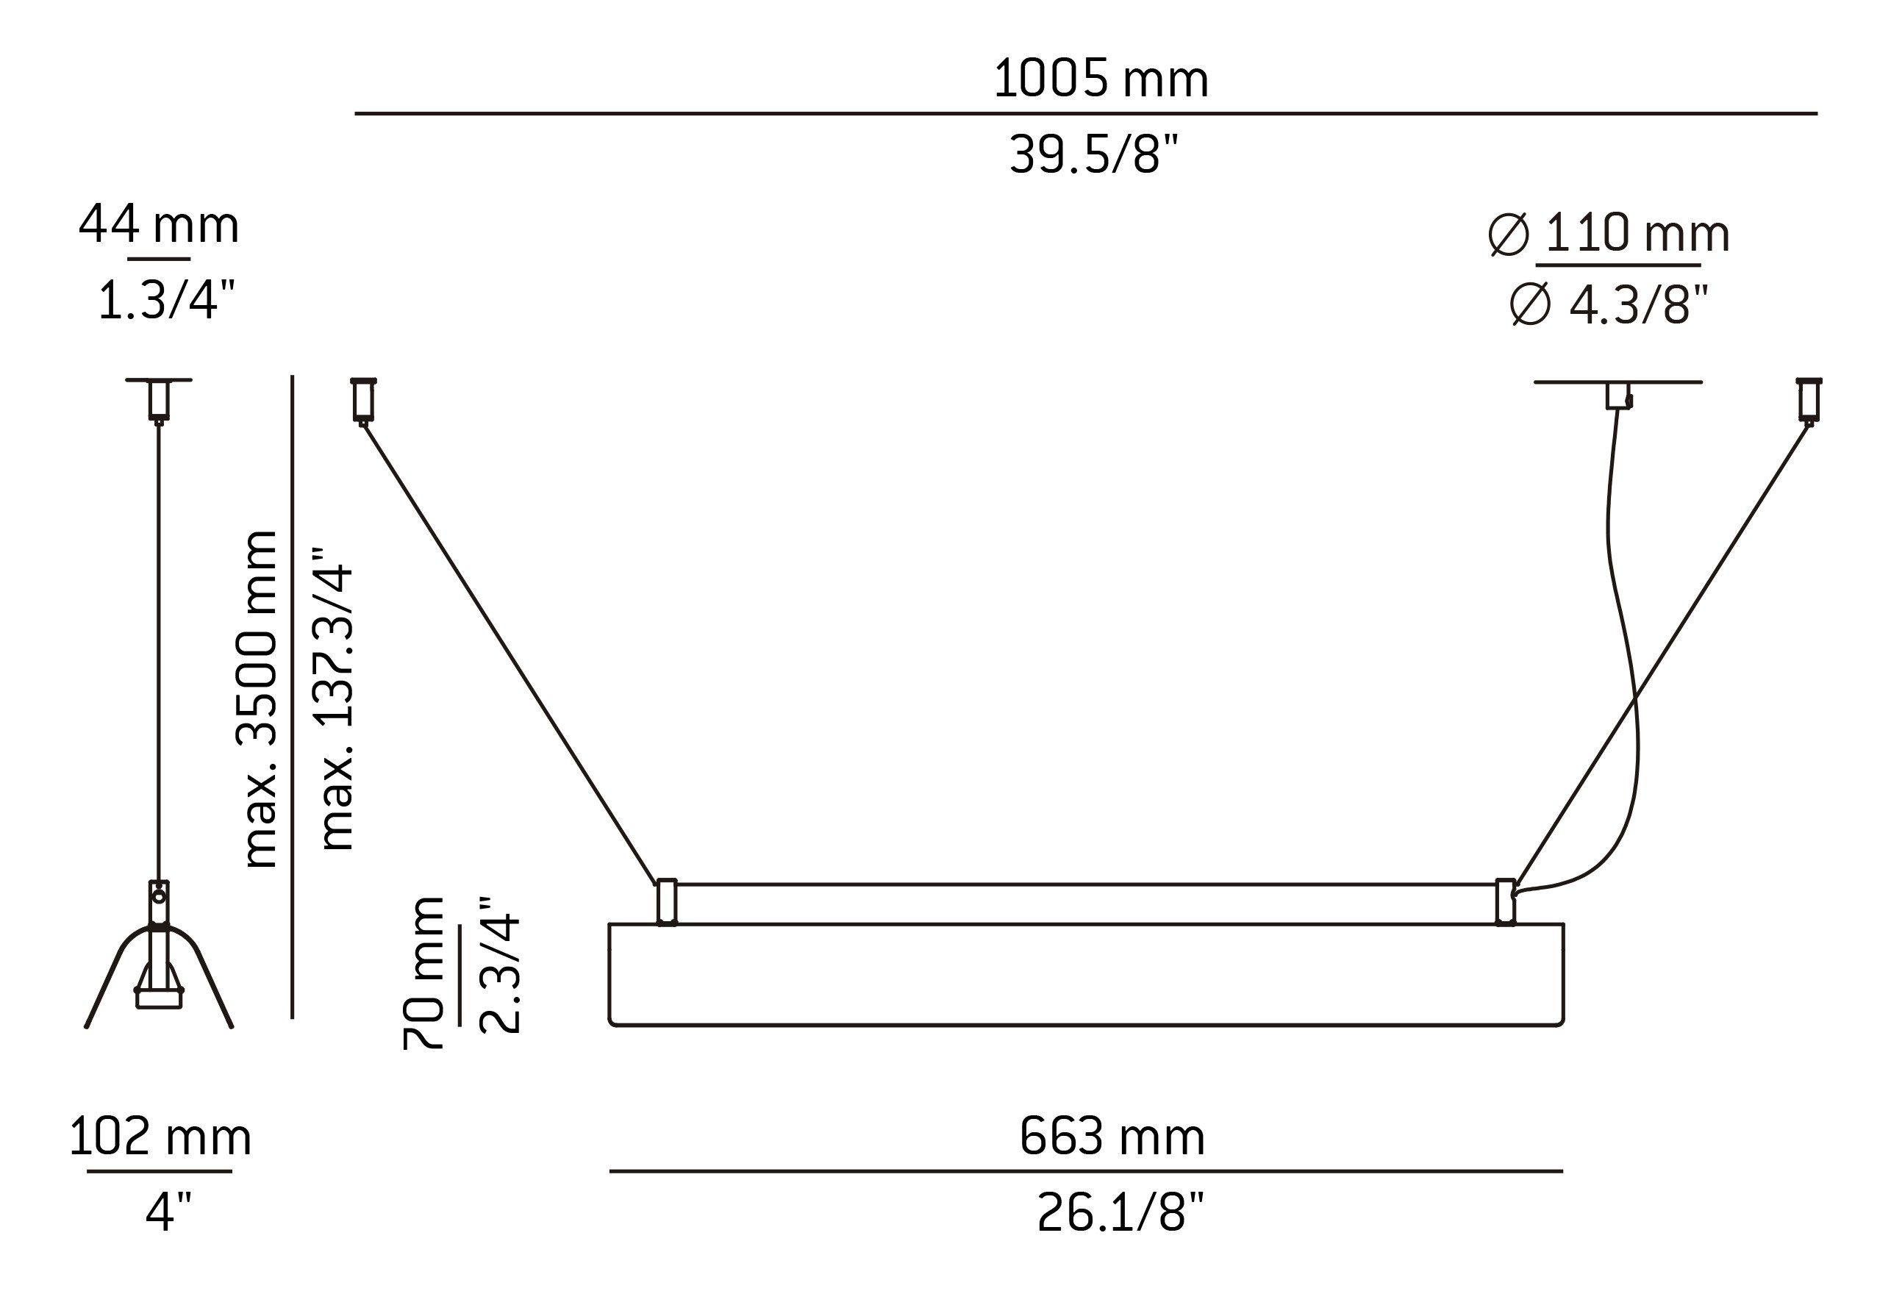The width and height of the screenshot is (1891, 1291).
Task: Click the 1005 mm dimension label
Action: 1101,79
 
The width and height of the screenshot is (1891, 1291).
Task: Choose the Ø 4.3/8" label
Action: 1609,305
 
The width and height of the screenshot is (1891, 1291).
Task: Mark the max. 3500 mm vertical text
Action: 260,700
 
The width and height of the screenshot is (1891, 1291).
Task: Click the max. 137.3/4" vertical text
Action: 337,698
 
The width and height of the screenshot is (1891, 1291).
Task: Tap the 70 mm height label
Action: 423,973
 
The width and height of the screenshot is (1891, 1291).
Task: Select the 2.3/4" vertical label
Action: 498,965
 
